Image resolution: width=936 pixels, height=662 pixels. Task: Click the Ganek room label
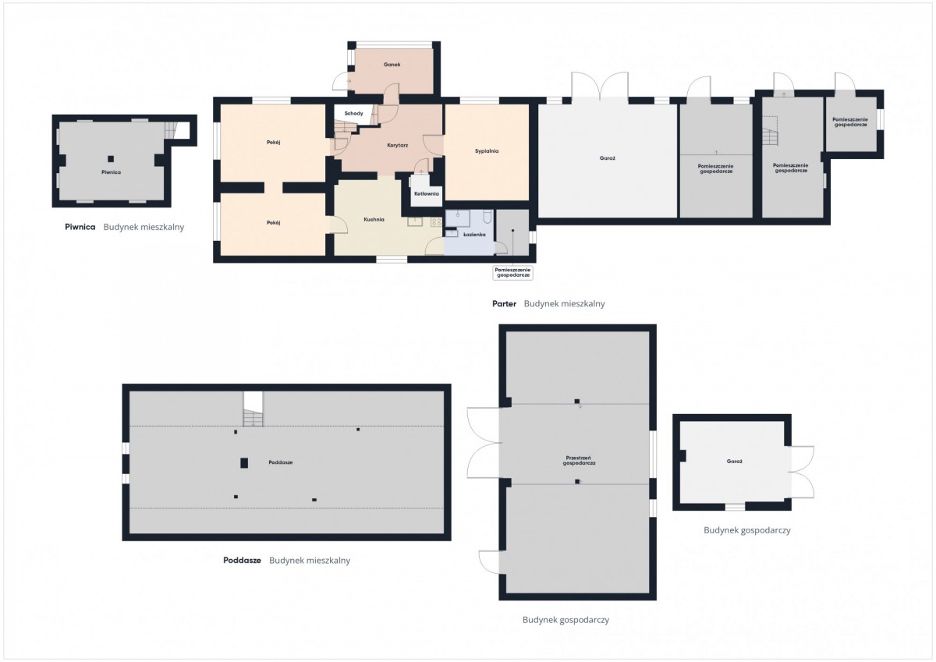pyautogui.click(x=392, y=65)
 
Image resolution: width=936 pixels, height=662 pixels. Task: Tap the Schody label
pyautogui.click(x=353, y=114)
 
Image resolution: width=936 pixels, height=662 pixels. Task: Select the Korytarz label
pyautogui.click(x=397, y=145)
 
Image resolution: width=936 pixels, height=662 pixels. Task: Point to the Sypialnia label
pyautogui.click(x=487, y=151)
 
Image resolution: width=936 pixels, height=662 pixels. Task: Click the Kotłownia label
pyautogui.click(x=426, y=194)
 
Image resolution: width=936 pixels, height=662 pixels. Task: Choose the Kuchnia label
pyautogui.click(x=374, y=219)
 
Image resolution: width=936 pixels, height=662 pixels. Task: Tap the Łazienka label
pyautogui.click(x=474, y=235)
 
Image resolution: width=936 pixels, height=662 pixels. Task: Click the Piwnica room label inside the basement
pyautogui.click(x=111, y=172)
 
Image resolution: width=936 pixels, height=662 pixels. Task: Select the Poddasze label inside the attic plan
pyautogui.click(x=280, y=462)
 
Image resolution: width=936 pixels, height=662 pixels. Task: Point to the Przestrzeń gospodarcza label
pyautogui.click(x=579, y=460)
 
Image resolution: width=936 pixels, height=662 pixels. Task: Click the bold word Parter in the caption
pyautogui.click(x=504, y=303)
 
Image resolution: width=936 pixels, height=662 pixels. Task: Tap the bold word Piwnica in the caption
pyautogui.click(x=80, y=227)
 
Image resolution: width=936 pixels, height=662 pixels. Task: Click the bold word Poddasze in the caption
pyautogui.click(x=242, y=560)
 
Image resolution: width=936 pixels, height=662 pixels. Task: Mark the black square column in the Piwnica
pyautogui.click(x=111, y=159)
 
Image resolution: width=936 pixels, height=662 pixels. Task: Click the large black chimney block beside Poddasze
pyautogui.click(x=244, y=462)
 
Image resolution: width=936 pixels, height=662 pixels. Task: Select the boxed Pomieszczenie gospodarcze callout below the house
pyautogui.click(x=512, y=273)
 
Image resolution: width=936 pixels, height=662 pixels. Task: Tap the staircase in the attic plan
pyautogui.click(x=253, y=409)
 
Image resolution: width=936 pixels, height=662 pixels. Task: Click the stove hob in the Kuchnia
pyautogui.click(x=436, y=221)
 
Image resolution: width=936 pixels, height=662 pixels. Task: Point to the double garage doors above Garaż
pyautogui.click(x=600, y=86)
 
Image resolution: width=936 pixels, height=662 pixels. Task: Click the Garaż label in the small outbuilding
pyautogui.click(x=734, y=462)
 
